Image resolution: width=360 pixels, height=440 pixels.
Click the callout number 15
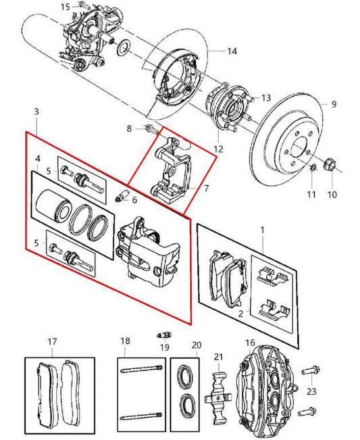tap(65, 7)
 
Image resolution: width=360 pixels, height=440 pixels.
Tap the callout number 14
tap(232, 51)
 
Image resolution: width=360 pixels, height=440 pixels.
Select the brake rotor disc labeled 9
tap(290, 139)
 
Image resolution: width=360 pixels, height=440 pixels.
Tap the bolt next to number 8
tap(150, 128)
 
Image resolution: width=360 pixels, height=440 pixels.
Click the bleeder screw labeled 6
tap(122, 197)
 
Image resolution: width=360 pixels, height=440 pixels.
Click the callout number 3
tap(36, 110)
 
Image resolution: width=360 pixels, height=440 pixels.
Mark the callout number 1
tap(262, 230)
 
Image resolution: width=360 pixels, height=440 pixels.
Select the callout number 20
tap(197, 344)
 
